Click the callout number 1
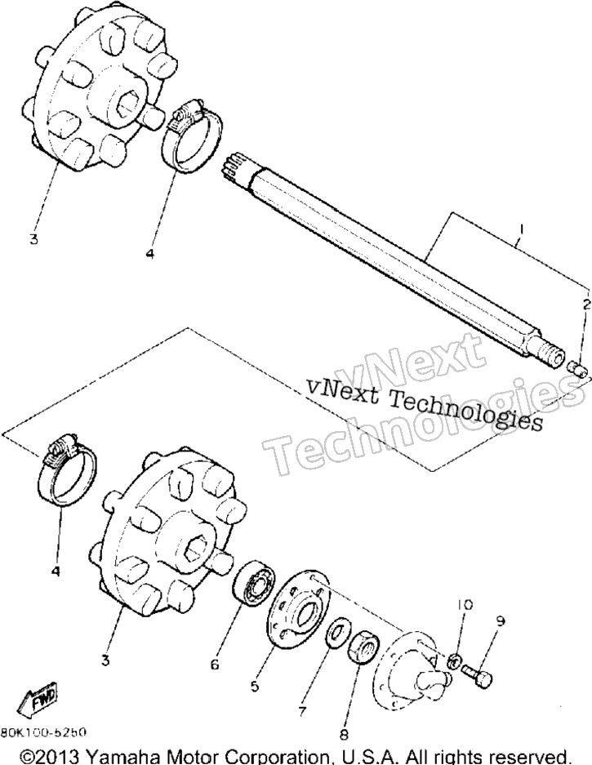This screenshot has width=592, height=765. pyautogui.click(x=521, y=229)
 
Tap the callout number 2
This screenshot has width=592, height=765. pyautogui.click(x=585, y=305)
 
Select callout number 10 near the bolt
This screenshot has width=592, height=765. pyautogui.click(x=465, y=605)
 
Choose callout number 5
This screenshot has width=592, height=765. pyautogui.click(x=254, y=687)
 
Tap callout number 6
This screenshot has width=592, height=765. pyautogui.click(x=215, y=664)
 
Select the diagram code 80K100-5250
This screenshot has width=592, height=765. pyautogui.click(x=44, y=732)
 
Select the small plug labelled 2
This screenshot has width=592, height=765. pyautogui.click(x=579, y=368)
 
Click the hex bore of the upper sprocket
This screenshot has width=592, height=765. pyautogui.click(x=128, y=100)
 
